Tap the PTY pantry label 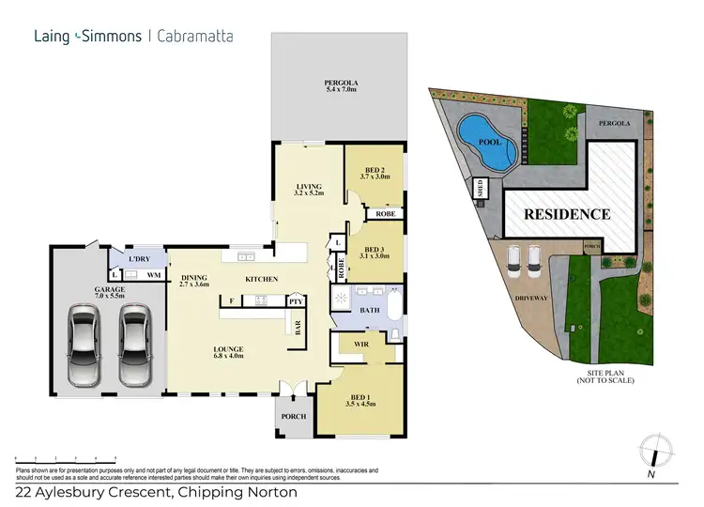295,301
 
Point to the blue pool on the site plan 485,142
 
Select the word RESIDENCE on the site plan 566,214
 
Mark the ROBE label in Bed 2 385,214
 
